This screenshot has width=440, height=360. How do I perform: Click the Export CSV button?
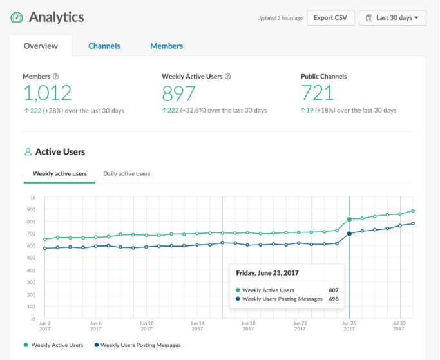330,17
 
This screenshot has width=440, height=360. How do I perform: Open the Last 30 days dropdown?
392,17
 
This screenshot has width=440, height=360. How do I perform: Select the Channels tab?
104,46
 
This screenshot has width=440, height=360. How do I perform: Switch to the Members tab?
166,46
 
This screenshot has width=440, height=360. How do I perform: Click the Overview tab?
41,46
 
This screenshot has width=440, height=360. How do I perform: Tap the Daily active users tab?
127,174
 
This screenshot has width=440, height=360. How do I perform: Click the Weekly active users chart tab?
60,174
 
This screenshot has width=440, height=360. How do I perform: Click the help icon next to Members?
55,77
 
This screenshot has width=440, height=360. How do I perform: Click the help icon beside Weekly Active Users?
228,77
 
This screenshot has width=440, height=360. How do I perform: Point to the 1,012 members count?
47,93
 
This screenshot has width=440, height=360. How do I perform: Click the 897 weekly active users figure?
178,93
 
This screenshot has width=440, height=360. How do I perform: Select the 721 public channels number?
317,93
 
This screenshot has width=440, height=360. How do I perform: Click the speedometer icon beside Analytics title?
17,17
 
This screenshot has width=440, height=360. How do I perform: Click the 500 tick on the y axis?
32,258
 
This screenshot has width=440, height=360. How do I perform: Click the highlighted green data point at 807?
349,220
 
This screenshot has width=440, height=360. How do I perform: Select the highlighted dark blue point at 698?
349,234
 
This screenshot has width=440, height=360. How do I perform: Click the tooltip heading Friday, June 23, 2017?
267,273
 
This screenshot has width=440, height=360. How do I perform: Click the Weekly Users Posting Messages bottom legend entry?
140,345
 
